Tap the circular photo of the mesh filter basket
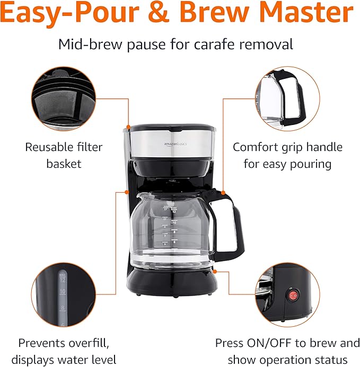coord(64,99)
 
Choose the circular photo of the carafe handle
coord(288,99)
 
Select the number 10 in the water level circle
coord(62,292)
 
